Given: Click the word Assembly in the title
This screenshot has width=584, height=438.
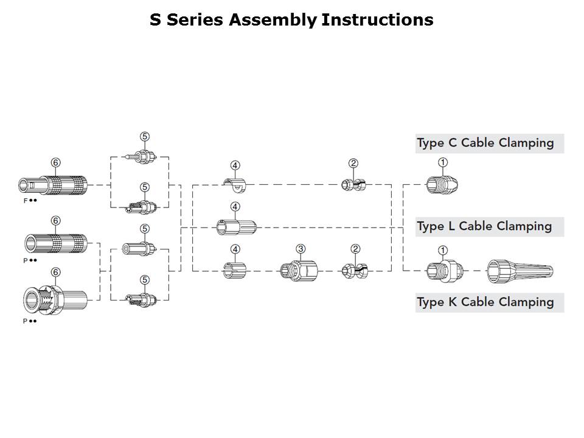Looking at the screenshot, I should pyautogui.click(x=273, y=20).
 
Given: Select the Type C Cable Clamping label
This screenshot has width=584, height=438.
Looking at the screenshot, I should pyautogui.click(x=485, y=144).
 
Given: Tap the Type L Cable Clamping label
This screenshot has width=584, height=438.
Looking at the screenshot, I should pyautogui.click(x=484, y=226).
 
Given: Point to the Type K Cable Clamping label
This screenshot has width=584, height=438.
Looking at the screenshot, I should pyautogui.click(x=485, y=302).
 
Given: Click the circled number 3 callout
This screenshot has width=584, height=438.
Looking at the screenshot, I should pyautogui.click(x=301, y=249).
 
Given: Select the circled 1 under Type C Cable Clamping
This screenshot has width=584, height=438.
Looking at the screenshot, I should pyautogui.click(x=443, y=162).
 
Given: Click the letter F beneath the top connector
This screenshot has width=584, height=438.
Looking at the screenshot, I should pyautogui.click(x=25, y=200).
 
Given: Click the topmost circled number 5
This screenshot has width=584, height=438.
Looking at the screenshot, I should pyautogui.click(x=145, y=137).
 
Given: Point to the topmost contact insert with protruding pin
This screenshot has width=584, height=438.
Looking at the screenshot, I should pyautogui.click(x=140, y=156).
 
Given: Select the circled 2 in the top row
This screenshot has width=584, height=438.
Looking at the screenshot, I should pyautogui.click(x=353, y=163).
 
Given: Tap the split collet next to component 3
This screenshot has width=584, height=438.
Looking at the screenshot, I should pyautogui.click(x=355, y=270).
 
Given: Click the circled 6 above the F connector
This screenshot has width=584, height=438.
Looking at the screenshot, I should pyautogui.click(x=55, y=162).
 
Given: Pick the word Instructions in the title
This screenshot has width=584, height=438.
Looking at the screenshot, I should pyautogui.click(x=377, y=20).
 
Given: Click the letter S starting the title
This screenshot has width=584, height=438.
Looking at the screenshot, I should pyautogui.click(x=155, y=20).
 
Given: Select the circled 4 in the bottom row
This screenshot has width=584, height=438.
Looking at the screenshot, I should pyautogui.click(x=235, y=249).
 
